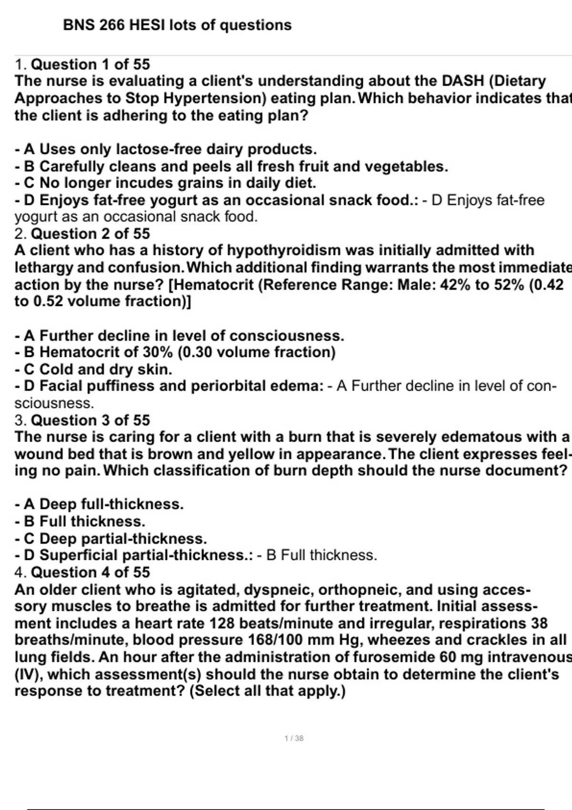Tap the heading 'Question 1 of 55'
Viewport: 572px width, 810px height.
pos(90,64)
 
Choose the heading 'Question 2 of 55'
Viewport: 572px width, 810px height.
pos(90,233)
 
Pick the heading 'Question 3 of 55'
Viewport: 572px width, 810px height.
pos(90,420)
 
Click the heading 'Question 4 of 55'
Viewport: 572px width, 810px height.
pos(90,572)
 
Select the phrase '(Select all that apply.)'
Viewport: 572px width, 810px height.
pos(267,691)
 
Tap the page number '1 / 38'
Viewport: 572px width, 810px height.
pos(294,739)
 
